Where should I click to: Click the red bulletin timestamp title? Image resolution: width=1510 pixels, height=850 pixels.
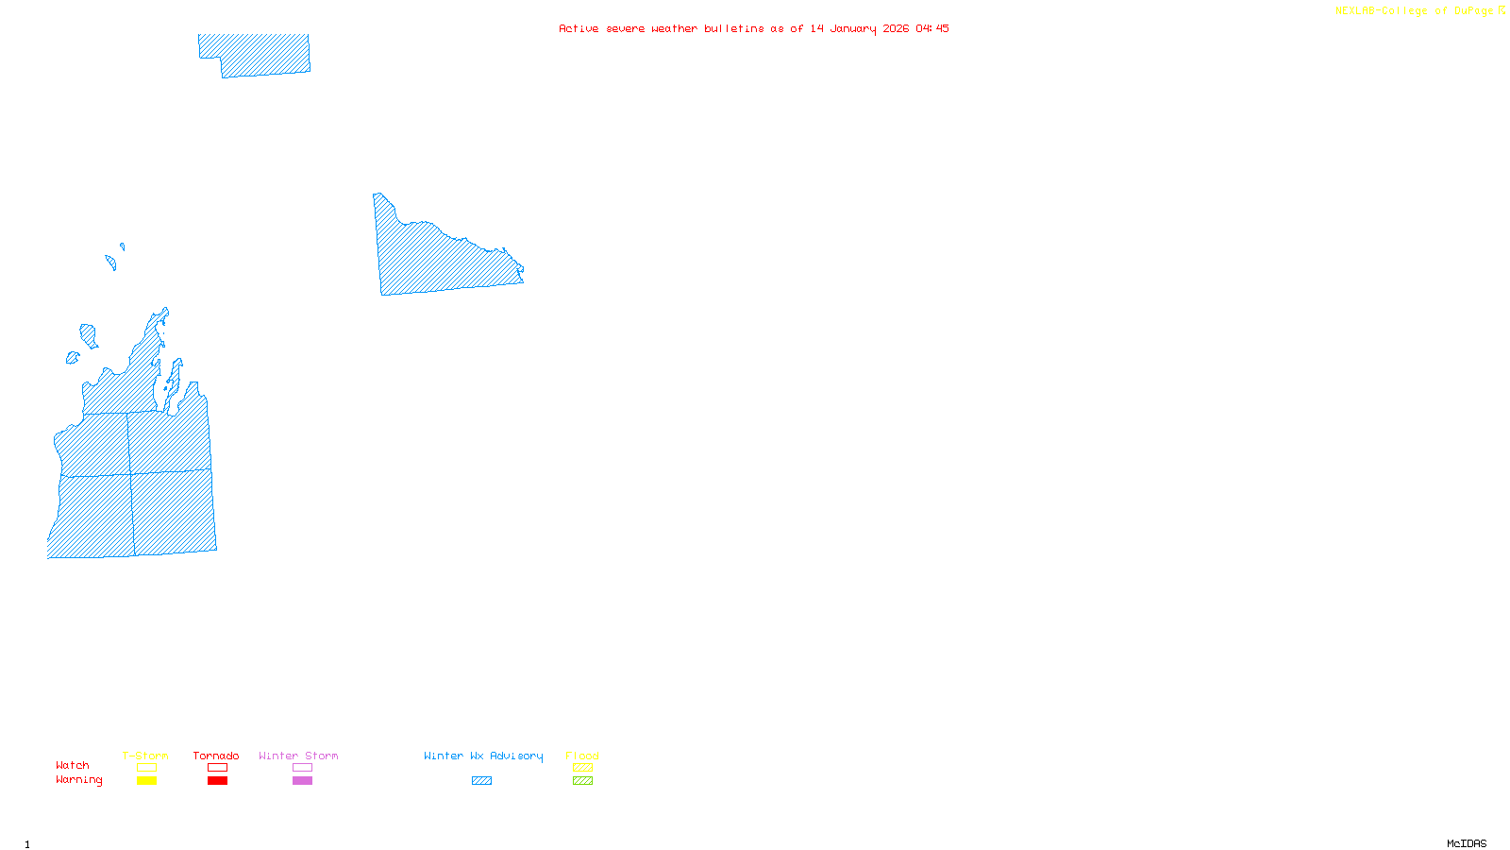754,28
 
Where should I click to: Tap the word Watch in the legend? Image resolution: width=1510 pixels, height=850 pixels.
73,765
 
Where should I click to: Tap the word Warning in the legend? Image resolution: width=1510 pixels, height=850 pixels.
79,780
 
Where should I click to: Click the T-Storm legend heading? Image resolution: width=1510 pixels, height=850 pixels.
145,756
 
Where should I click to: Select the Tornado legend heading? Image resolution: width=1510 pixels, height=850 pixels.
216,756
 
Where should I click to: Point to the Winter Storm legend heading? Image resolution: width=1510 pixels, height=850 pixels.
298,756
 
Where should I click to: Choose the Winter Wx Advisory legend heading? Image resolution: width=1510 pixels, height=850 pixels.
483,756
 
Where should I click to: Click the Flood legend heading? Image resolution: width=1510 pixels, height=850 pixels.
582,756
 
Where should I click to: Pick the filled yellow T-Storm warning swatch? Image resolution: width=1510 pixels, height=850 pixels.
146,781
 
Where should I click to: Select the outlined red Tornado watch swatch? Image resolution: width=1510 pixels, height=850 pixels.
217,768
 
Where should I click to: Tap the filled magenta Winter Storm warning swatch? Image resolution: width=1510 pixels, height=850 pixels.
302,781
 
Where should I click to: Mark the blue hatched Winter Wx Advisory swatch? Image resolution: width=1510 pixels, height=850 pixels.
481,781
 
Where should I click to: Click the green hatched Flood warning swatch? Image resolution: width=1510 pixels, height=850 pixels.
582,781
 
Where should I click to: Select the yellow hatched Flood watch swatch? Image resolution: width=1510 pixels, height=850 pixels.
582,768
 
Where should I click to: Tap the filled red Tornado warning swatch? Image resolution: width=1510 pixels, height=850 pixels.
217,781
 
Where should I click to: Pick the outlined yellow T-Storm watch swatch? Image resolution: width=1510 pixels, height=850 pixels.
146,768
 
